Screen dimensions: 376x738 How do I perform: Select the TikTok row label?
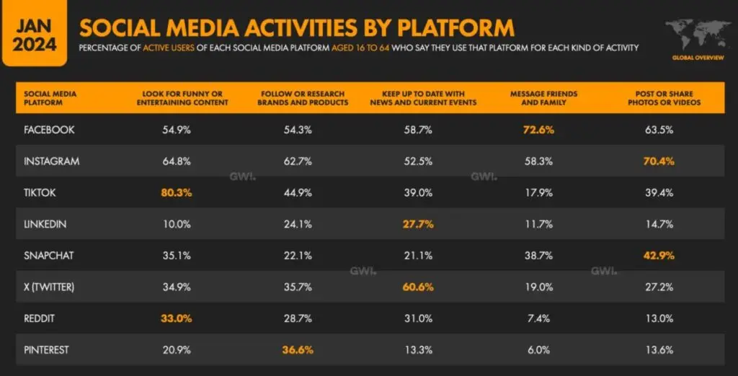(x=39, y=192)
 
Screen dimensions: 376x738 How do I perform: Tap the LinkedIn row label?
(x=45, y=224)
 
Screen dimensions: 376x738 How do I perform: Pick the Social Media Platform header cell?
(x=50, y=98)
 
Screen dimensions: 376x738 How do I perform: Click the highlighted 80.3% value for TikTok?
(x=177, y=192)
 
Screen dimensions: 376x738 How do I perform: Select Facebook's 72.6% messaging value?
(x=539, y=130)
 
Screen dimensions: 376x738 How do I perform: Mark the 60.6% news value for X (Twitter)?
(x=419, y=287)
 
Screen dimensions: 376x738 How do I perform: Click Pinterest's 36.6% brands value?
(x=298, y=349)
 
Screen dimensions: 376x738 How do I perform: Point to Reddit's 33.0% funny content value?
(x=177, y=318)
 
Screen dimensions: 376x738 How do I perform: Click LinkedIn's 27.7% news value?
(x=419, y=224)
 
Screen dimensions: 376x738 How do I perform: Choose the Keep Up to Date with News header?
(x=423, y=98)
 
